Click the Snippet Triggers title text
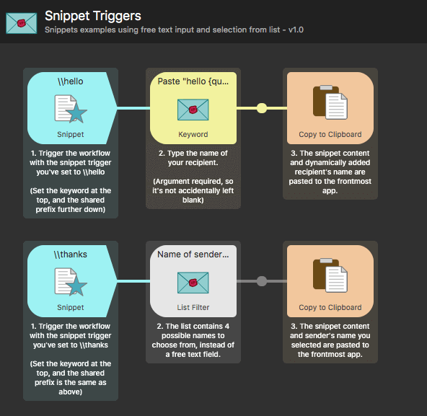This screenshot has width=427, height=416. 92,15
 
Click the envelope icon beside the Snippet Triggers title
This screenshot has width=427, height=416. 22,22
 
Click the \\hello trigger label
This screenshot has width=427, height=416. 71,81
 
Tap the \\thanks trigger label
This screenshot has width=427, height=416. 71,255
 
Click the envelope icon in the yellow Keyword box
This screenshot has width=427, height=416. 193,110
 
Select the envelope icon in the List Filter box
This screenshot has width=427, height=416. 193,282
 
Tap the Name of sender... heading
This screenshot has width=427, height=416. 193,255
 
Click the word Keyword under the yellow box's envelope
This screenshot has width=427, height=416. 193,134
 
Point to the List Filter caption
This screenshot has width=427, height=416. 193,307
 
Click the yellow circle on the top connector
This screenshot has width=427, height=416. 262,108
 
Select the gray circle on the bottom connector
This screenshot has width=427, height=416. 262,281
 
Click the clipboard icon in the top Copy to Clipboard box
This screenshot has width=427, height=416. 330,103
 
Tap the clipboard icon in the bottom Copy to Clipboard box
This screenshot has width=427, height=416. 330,277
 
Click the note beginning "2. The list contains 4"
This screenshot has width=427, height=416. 193,340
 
